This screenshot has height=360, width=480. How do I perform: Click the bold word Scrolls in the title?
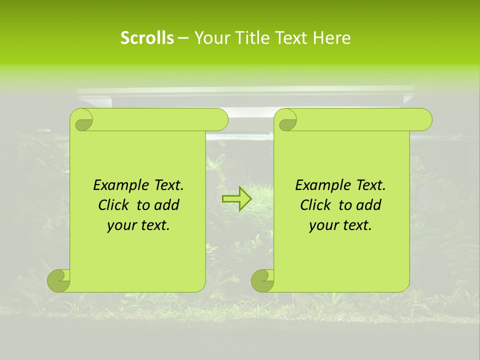click(147, 38)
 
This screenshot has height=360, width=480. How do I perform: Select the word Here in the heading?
click(331, 38)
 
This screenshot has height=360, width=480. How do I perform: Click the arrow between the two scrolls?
click(236, 199)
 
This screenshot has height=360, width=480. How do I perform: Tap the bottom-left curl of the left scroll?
click(58, 280)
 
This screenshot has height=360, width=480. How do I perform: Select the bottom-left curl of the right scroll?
click(262, 280)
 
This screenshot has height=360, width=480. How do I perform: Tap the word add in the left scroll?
click(166, 205)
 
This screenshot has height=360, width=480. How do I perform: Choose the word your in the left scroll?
click(119, 225)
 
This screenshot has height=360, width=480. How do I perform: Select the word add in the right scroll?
click(368, 205)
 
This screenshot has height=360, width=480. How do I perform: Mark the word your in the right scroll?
click(321, 225)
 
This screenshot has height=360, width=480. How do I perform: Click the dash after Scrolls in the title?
click(182, 38)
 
